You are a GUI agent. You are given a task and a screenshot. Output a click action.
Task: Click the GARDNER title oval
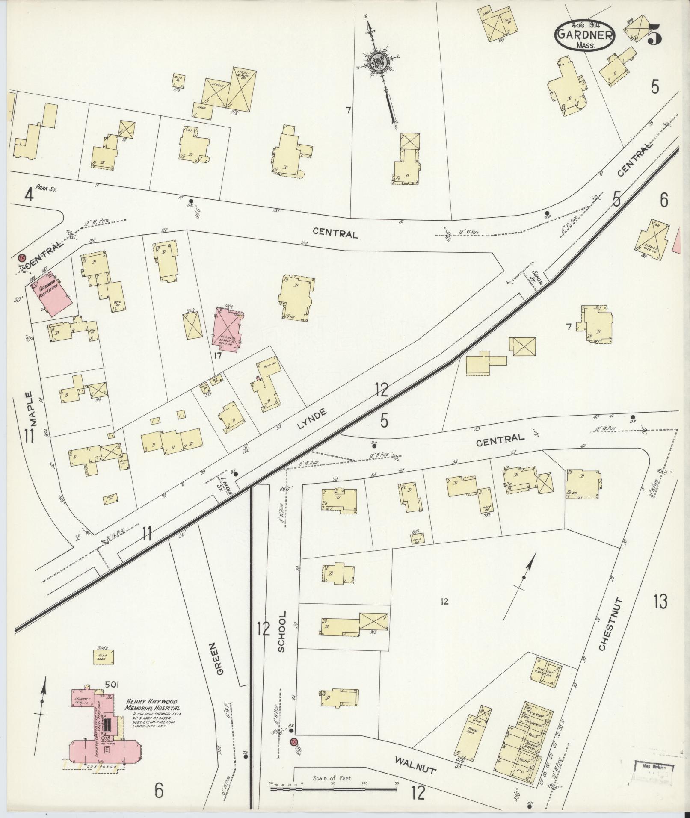coord(585,35)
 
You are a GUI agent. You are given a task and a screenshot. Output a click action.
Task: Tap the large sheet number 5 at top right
coord(655,34)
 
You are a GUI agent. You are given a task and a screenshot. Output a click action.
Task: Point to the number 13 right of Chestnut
coord(660,602)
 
